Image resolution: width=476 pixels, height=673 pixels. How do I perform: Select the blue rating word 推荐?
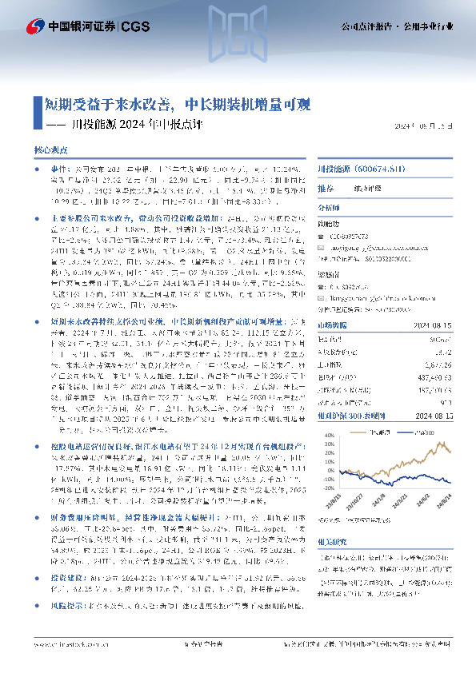[x=326, y=189]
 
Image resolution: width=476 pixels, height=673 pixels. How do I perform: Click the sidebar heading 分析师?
[x=329, y=205]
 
